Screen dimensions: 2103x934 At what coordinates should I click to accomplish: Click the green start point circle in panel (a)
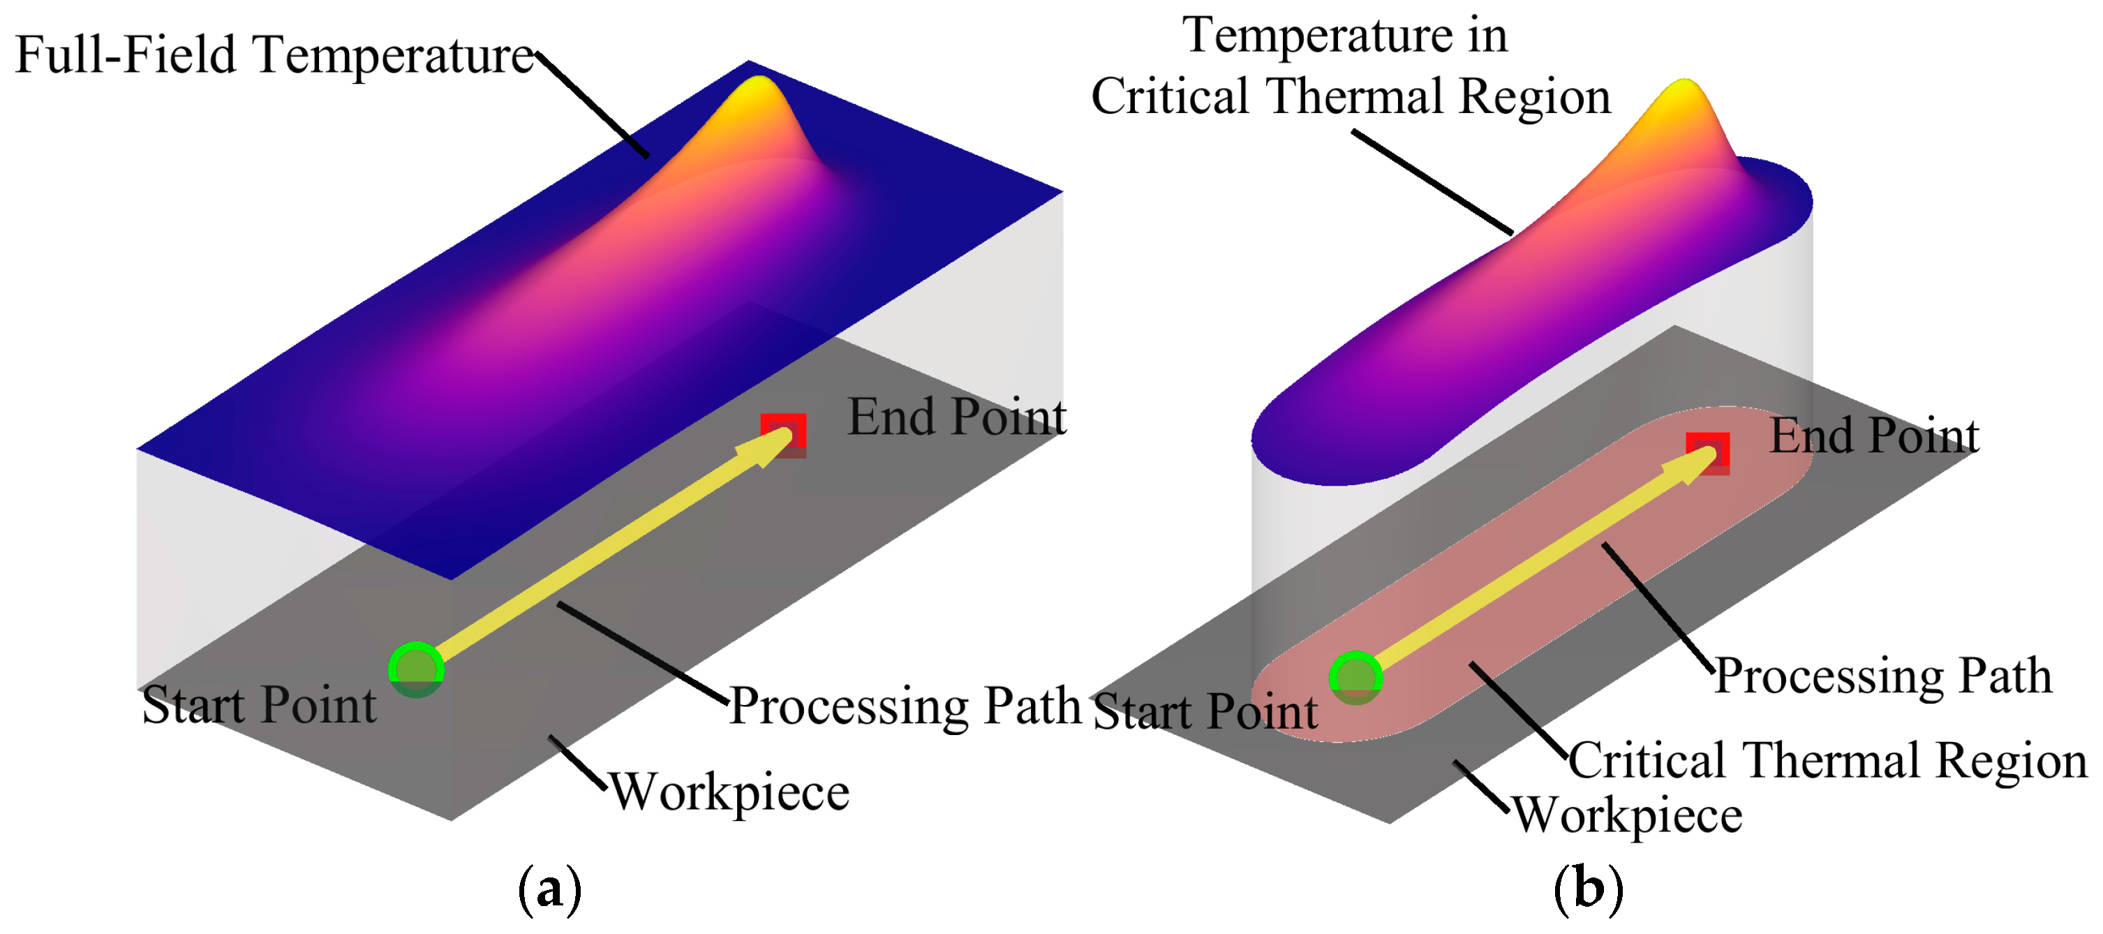[417, 669]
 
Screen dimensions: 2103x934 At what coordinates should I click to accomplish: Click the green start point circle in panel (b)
[1355, 678]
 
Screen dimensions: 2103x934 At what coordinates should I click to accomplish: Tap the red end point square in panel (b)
[1708, 452]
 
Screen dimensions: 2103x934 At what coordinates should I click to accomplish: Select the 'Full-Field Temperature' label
[274, 56]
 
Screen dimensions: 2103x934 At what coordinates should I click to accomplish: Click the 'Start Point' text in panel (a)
[259, 706]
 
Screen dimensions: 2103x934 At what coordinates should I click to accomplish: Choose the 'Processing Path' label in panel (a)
[905, 706]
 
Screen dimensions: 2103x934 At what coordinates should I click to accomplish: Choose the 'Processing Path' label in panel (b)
[1882, 676]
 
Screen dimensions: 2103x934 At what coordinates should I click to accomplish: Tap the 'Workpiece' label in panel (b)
[1628, 815]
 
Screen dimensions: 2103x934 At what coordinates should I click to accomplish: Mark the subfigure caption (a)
[550, 889]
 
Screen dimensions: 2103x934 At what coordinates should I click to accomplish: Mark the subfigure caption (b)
[1588, 889]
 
